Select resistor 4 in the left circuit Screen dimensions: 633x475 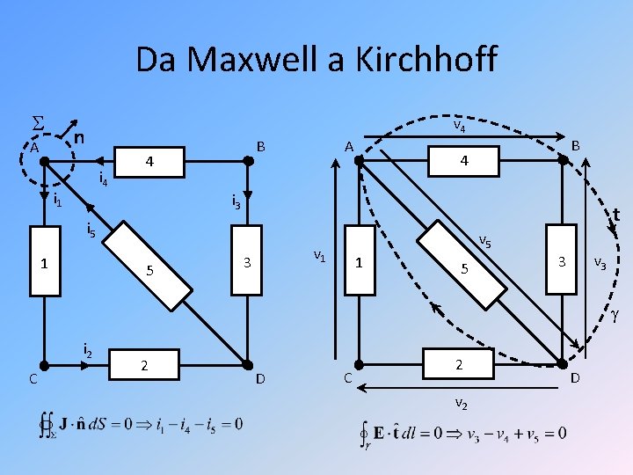150,162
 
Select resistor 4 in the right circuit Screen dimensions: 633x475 463,161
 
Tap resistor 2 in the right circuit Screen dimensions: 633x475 458,362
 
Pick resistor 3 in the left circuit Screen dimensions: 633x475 248,263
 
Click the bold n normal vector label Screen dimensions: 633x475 79,138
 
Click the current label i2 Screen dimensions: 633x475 87,349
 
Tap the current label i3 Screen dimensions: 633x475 236,201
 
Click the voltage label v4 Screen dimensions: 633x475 459,128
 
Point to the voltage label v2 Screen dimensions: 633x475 461,403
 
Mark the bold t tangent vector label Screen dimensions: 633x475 617,214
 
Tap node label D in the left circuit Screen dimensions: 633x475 260,379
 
